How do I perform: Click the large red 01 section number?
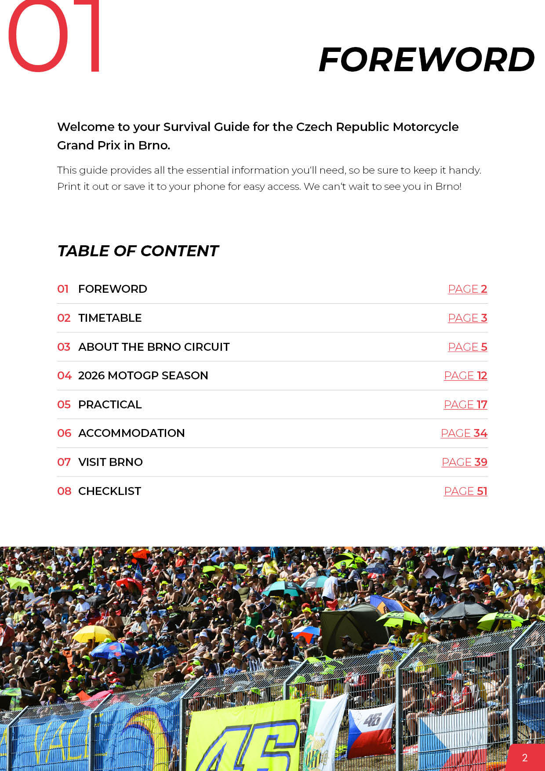tap(54, 37)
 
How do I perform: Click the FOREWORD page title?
tap(426, 60)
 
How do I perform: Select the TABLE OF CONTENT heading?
tap(138, 251)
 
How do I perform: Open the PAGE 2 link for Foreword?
tap(467, 289)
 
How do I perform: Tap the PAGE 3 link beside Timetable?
tap(467, 318)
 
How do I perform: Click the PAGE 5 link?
tap(467, 347)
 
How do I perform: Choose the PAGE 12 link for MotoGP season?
tap(465, 376)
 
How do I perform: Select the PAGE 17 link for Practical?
tap(465, 405)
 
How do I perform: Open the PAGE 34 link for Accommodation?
tap(464, 433)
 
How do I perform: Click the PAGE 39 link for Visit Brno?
tap(464, 462)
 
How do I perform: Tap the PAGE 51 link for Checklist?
tap(465, 491)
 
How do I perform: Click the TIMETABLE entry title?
tap(110, 318)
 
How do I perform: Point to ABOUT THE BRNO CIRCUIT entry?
tap(154, 347)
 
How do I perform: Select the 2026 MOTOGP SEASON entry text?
tap(143, 376)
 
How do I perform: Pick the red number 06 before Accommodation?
tap(64, 433)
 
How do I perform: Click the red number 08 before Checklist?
tap(64, 491)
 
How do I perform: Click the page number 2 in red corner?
tap(525, 758)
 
